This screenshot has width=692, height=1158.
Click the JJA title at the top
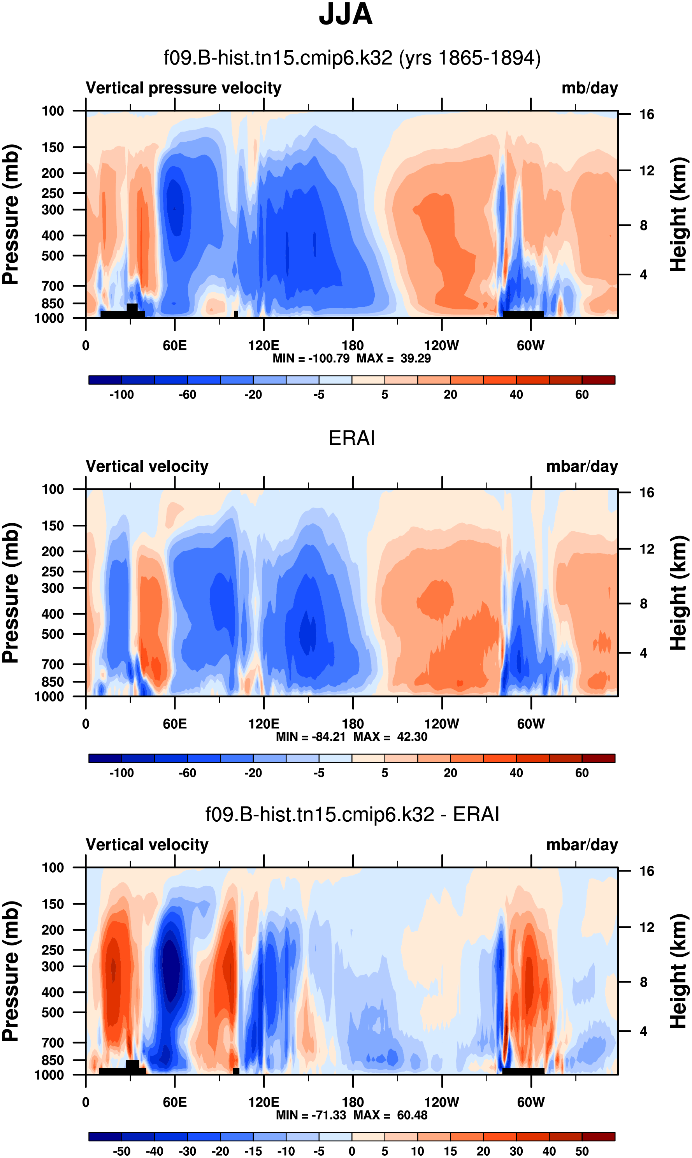click(x=346, y=15)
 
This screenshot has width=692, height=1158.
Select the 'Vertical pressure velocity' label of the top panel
click(x=183, y=88)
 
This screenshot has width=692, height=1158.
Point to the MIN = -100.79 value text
click(x=311, y=358)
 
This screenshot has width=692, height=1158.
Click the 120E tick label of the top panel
click(x=263, y=346)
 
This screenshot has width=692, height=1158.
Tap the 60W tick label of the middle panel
click(x=530, y=724)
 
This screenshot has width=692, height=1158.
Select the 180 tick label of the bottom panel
click(x=353, y=1102)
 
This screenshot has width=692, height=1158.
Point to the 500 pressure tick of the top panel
click(x=52, y=256)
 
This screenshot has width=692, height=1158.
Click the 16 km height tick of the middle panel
click(x=646, y=492)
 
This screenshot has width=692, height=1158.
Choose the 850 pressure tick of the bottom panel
click(x=52, y=1060)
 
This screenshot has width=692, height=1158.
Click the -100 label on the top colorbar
click(x=121, y=395)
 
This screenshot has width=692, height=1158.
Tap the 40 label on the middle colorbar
click(x=516, y=773)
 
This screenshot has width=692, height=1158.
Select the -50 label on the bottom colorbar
click(x=121, y=1151)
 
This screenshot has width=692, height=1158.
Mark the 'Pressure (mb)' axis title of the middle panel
click(x=10, y=593)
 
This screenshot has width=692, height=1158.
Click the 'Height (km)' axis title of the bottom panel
click(x=679, y=971)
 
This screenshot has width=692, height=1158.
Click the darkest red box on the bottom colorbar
click(x=598, y=1136)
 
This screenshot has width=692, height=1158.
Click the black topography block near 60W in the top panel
click(x=523, y=315)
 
